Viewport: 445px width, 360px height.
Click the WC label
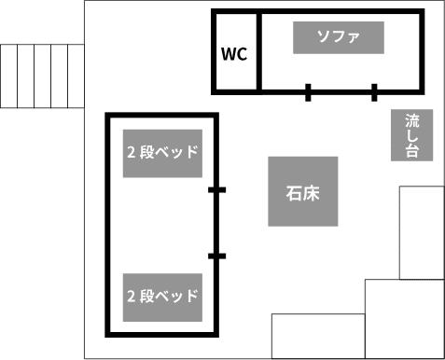[x=234, y=53]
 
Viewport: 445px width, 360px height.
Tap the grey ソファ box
[x=339, y=37]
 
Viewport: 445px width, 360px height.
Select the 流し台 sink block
[x=412, y=135]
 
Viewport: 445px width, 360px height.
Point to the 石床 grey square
[x=303, y=191]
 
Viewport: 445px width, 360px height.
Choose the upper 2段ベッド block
[x=163, y=151]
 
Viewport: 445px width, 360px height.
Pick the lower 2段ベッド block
[x=163, y=297]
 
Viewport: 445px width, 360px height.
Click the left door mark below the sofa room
[x=308, y=91]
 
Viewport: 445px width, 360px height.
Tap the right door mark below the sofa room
[x=374, y=91]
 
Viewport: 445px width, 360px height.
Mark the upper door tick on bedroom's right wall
[x=216, y=190]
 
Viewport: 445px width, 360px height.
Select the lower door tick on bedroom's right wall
[x=216, y=256]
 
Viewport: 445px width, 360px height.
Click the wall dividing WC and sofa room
[x=257, y=51]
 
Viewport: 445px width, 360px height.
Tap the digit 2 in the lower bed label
[x=131, y=297]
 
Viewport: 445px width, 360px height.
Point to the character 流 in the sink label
[x=412, y=121]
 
